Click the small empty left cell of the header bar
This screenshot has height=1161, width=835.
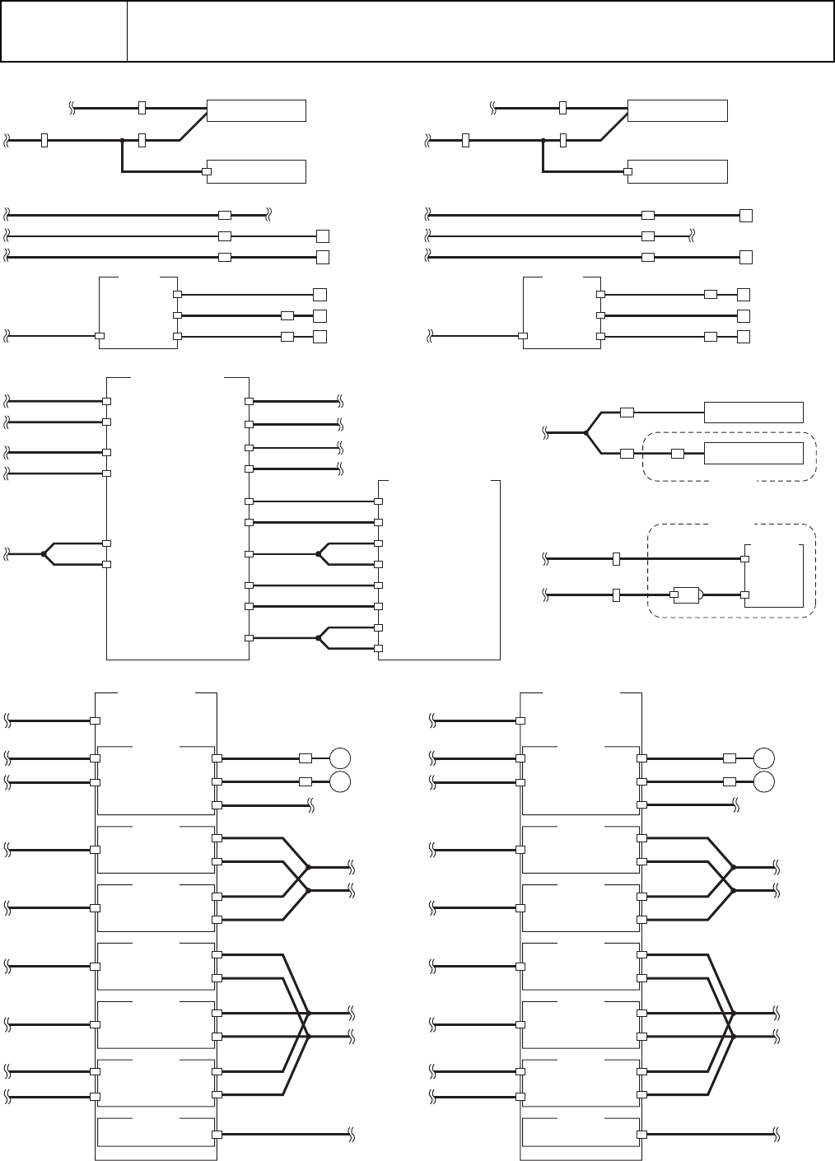pyautogui.click(x=64, y=31)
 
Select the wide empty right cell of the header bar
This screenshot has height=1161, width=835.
pyautogui.click(x=480, y=31)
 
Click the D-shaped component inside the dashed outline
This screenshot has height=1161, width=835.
pyautogui.click(x=687, y=594)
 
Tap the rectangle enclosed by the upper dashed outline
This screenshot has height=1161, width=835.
pyautogui.click(x=753, y=453)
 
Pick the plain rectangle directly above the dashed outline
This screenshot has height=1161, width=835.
pyautogui.click(x=753, y=412)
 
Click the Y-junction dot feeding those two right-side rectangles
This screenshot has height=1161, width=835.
pyautogui.click(x=585, y=431)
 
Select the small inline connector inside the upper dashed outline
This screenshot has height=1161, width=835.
pyautogui.click(x=678, y=453)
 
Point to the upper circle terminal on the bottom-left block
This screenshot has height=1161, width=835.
pyautogui.click(x=340, y=758)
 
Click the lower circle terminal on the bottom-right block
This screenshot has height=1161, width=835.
pyautogui.click(x=764, y=781)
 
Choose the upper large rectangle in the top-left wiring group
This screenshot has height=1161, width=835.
pyautogui.click(x=256, y=110)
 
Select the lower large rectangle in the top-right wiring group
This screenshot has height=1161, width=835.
pyautogui.click(x=677, y=171)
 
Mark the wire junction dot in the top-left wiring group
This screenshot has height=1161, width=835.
pyautogui.click(x=122, y=141)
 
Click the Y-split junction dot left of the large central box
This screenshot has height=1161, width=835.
pyautogui.click(x=44, y=554)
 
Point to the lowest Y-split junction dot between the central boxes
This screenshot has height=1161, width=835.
pyautogui.click(x=318, y=638)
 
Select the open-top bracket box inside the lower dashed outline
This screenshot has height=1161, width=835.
pyautogui.click(x=773, y=576)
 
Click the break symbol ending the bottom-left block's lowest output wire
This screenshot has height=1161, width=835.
pyautogui.click(x=352, y=1134)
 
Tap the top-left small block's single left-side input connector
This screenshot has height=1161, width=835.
pyautogui.click(x=99, y=336)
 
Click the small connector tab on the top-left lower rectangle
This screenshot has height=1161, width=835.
pyautogui.click(x=207, y=172)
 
